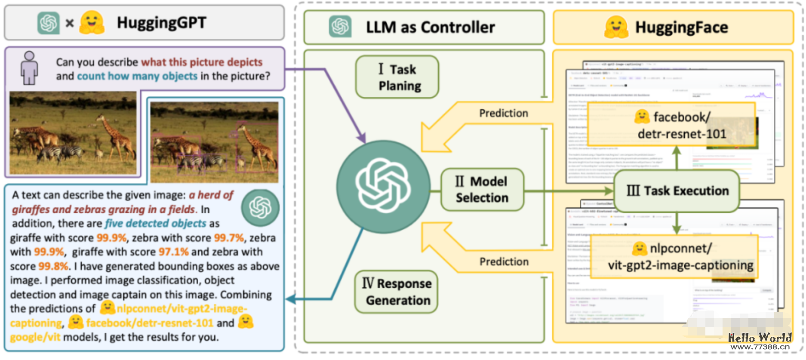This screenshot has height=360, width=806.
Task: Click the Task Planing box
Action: tap(397, 77)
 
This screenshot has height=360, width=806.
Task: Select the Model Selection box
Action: tap(482, 190)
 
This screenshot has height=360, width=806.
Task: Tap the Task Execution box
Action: tap(677, 191)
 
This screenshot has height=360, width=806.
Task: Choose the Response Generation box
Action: tap(397, 292)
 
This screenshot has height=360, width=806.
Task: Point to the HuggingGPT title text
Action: tap(161, 23)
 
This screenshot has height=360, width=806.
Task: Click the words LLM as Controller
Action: tap(430, 28)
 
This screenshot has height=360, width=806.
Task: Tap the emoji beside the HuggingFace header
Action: tap(616, 27)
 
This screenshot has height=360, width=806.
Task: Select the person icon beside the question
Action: tap(29, 68)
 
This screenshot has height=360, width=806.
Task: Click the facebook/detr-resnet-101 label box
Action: tap(672, 125)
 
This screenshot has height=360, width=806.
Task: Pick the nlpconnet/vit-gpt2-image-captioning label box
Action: tap(674, 257)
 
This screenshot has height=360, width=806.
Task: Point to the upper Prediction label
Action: tap(503, 113)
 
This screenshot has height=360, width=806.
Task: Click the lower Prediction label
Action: tap(504, 262)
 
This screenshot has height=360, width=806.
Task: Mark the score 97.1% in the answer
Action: tap(173, 252)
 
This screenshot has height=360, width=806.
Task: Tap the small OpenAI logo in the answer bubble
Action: tap(260, 208)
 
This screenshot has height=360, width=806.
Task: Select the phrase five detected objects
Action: tap(155, 223)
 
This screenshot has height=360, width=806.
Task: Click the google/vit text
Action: tap(35, 337)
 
